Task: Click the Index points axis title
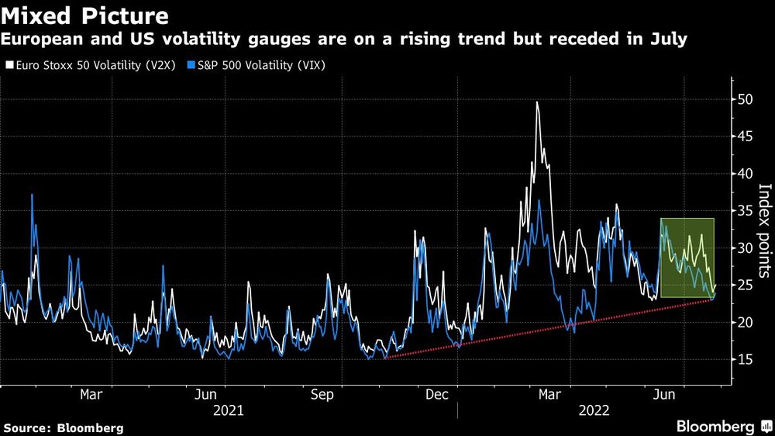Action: coord(763,230)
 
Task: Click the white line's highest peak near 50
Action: coord(537,102)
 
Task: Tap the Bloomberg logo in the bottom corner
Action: coord(722,426)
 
